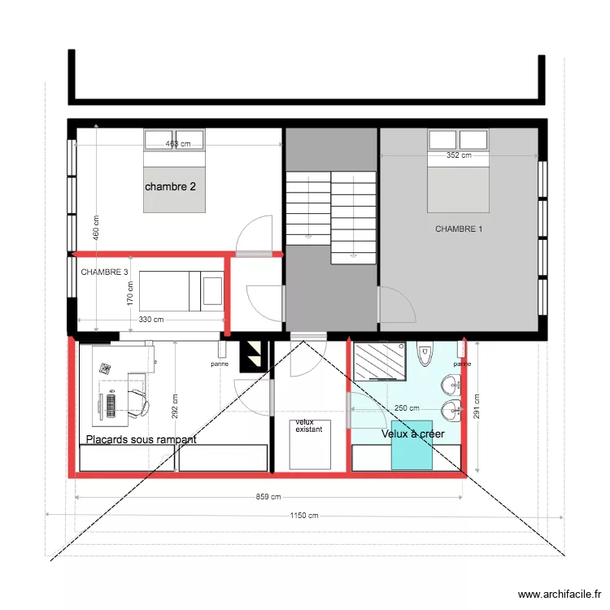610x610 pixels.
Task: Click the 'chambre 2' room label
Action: click(x=170, y=186)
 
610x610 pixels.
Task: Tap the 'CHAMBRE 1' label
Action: click(x=459, y=229)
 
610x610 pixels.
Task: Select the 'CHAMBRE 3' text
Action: click(x=105, y=272)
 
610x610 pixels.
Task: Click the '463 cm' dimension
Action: click(x=177, y=144)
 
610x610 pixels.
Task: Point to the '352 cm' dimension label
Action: click(x=459, y=156)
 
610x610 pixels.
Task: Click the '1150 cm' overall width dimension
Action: click(x=303, y=516)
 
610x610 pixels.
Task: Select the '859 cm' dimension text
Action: click(x=268, y=497)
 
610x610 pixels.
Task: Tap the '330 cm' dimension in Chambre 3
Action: click(x=150, y=320)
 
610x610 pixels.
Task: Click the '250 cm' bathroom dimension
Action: click(x=407, y=408)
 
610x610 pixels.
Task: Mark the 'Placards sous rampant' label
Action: click(x=141, y=439)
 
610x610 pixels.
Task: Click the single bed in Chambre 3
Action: click(x=181, y=291)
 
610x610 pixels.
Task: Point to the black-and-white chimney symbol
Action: click(x=254, y=355)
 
